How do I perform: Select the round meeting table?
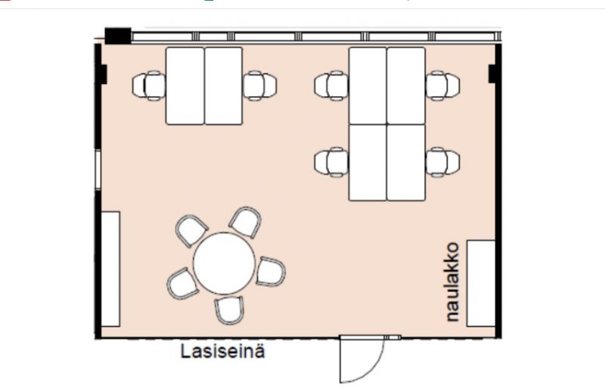pos(224,263)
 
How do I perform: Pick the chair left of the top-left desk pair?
pos(149,85)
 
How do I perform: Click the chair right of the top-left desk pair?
pos(259,85)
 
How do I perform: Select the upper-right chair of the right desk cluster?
pos(442,85)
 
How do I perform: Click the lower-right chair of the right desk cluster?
pos(442,161)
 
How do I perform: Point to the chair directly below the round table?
pos(231,309)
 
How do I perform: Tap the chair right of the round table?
pos(270,271)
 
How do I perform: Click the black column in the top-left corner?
pos(117,36)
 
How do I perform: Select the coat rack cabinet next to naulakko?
pos(481,283)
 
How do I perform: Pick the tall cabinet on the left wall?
pos(110,268)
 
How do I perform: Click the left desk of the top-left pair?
pos(185,85)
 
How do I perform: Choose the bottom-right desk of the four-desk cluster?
pos(406,162)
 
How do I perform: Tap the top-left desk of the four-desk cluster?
pos(368,85)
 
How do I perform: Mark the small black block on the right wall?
pos(492,74)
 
